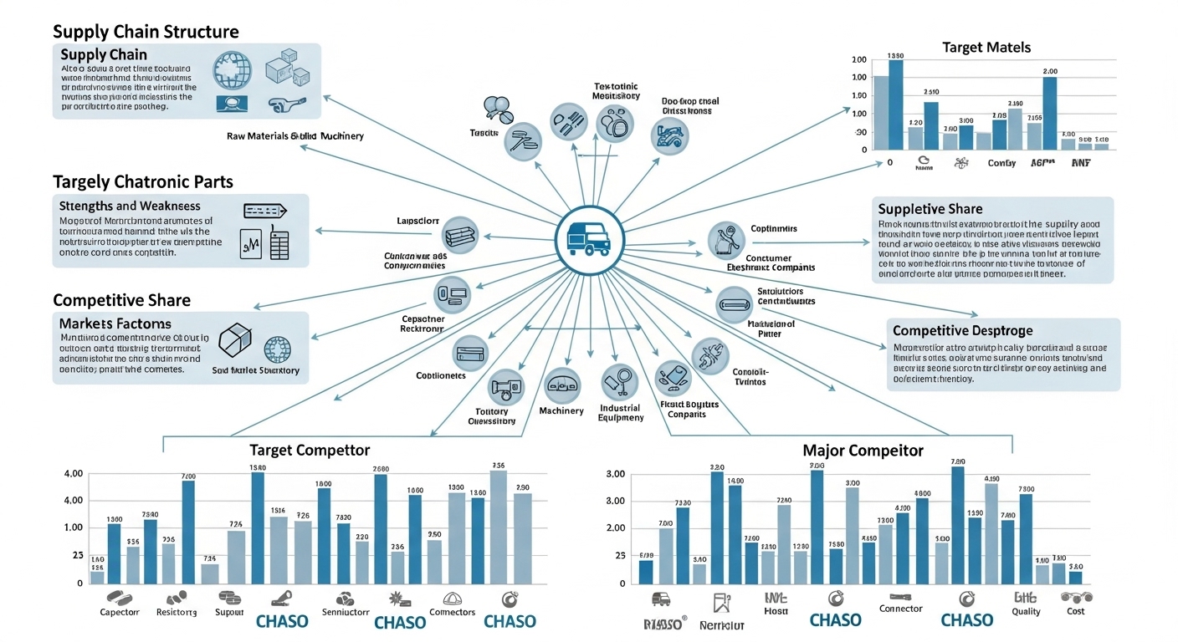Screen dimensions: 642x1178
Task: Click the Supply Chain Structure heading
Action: point(146,32)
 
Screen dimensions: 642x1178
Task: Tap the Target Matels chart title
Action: point(986,48)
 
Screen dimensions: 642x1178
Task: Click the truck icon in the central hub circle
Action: point(589,239)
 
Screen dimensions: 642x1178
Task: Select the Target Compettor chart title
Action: point(310,450)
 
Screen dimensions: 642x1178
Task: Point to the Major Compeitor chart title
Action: point(863,451)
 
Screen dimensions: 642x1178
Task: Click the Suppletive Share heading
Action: point(930,209)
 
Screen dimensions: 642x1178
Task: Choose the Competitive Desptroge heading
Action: point(962,331)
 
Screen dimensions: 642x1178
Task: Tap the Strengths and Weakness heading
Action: point(130,206)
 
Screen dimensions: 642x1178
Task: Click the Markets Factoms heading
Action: point(115,324)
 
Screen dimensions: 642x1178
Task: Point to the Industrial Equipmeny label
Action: point(621,413)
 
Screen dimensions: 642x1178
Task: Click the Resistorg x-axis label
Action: point(177,612)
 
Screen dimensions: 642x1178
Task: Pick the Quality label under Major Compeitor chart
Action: point(1026,612)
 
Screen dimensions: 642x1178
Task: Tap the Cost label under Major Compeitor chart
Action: point(1075,612)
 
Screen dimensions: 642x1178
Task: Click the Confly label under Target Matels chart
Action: point(1001,164)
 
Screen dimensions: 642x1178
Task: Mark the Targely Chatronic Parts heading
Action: point(142,181)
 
